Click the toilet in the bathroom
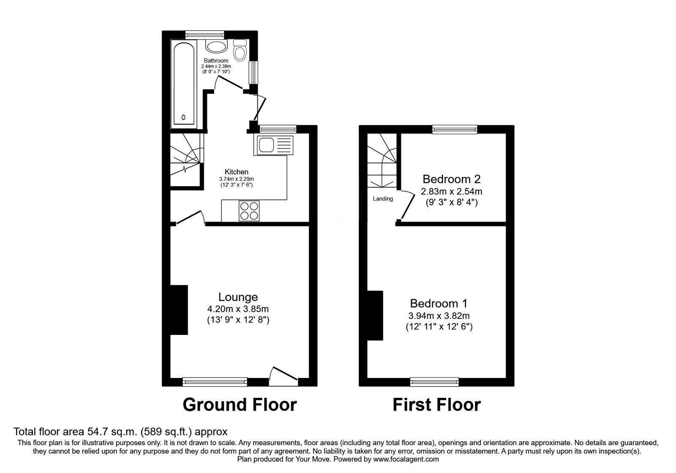(240, 51)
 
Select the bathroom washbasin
(216, 46)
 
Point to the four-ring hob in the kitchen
(249, 211)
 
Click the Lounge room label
(238, 297)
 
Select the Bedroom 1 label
(439, 303)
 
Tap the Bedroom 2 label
(451, 179)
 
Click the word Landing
(383, 198)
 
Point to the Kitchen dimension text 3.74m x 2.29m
(236, 179)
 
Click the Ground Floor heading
(240, 405)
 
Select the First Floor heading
(436, 405)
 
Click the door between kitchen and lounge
(189, 218)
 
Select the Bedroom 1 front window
(434, 382)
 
